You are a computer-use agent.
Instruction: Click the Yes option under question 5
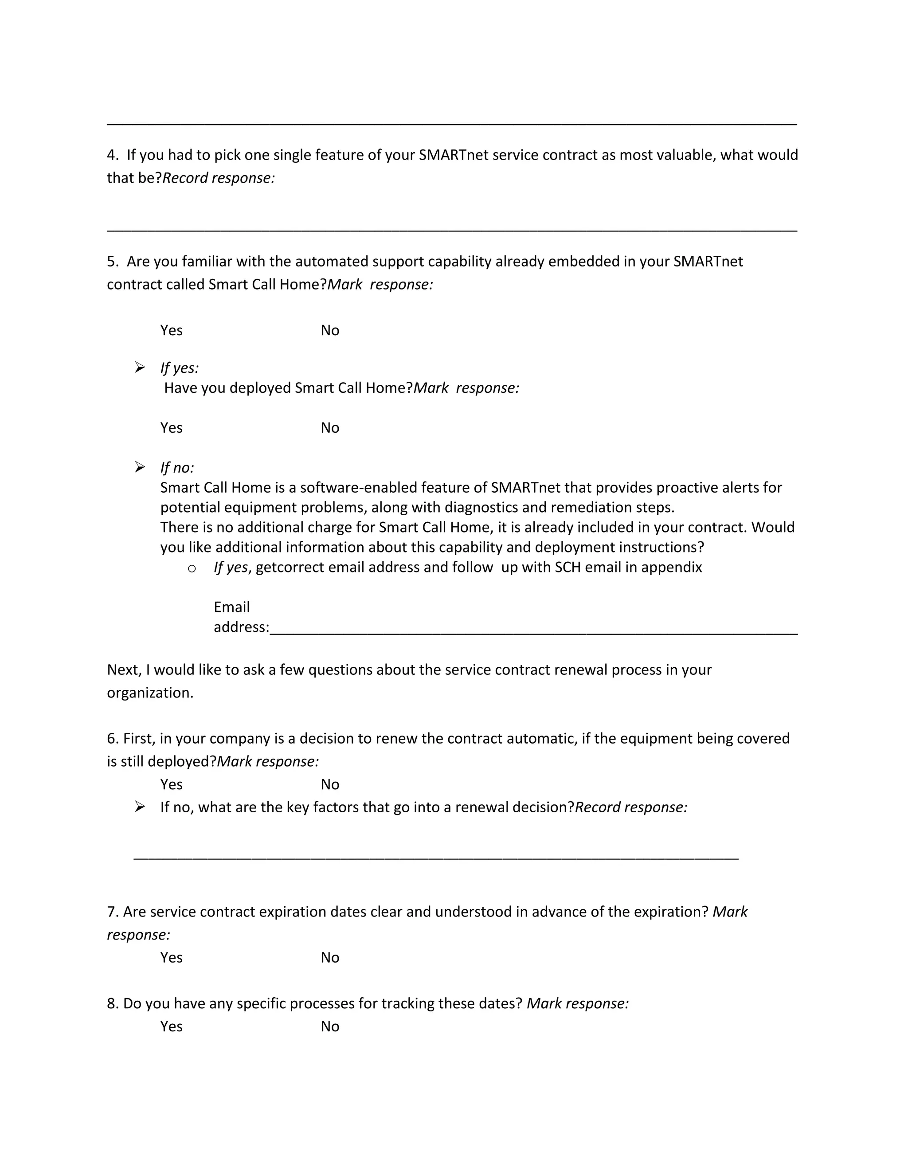pyautogui.click(x=171, y=330)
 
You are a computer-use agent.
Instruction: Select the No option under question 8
pyautogui.click(x=330, y=1026)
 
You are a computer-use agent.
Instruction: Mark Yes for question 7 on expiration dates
pyautogui.click(x=171, y=958)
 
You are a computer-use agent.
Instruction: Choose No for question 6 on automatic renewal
pyautogui.click(x=330, y=784)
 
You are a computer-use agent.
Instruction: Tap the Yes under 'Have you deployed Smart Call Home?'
pyautogui.click(x=171, y=428)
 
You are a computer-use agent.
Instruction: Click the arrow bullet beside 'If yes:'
pyautogui.click(x=140, y=368)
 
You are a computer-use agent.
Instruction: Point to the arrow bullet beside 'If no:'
pyautogui.click(x=140, y=467)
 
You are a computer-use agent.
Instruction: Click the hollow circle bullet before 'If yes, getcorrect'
pyautogui.click(x=192, y=568)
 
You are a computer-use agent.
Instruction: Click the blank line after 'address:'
pyautogui.click(x=532, y=633)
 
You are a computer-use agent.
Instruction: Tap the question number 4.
pyautogui.click(x=112, y=155)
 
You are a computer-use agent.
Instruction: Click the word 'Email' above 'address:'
pyautogui.click(x=231, y=607)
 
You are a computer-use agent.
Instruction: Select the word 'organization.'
pyautogui.click(x=150, y=693)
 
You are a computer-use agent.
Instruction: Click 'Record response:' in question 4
pyautogui.click(x=219, y=178)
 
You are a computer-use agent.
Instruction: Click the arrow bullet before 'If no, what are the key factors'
pyautogui.click(x=140, y=807)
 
